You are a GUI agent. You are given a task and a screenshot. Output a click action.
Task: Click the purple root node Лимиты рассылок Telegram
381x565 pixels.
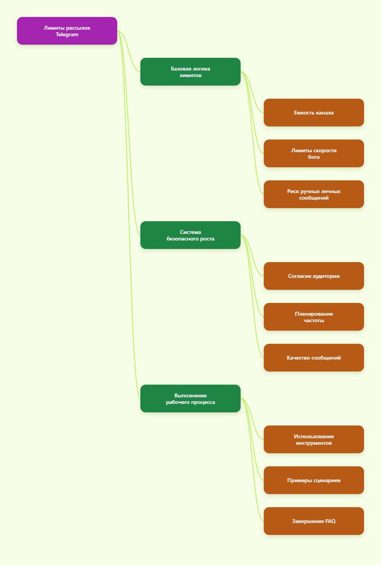pos(67,31)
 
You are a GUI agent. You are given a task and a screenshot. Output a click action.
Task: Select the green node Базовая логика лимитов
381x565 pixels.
pos(190,72)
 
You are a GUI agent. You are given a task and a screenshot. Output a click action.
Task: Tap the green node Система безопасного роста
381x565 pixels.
pos(190,235)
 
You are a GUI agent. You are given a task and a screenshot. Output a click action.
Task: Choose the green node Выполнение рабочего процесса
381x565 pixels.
pos(190,399)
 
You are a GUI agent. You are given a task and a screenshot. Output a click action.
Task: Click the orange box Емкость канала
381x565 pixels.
pos(314,113)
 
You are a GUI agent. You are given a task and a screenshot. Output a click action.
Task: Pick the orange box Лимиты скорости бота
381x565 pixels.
pos(314,153)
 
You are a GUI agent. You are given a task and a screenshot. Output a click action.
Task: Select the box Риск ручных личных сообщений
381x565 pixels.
pos(314,194)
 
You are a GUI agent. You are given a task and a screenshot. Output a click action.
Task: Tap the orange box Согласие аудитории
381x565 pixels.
pos(314,276)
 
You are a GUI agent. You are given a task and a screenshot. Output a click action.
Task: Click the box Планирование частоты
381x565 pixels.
pos(314,317)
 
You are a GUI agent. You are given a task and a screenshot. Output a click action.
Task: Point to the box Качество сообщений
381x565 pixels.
pos(314,358)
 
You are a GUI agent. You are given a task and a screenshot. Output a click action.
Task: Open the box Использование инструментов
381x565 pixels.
pos(314,439)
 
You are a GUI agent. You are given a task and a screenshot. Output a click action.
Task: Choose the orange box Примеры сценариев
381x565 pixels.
pos(314,480)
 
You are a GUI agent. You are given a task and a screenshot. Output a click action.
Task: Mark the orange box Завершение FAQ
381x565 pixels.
pos(314,521)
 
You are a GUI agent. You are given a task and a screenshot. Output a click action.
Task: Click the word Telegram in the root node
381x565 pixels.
pos(67,35)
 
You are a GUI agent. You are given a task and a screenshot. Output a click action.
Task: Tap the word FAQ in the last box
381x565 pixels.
pos(330,521)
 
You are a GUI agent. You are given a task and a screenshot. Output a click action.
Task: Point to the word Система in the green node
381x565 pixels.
pos(190,232)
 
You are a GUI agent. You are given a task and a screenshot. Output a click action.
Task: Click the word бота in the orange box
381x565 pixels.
pos(314,157)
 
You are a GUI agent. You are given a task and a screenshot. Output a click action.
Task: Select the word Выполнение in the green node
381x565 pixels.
pos(190,395)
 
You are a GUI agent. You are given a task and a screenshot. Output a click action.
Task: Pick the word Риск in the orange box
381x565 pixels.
pos(293,191)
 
